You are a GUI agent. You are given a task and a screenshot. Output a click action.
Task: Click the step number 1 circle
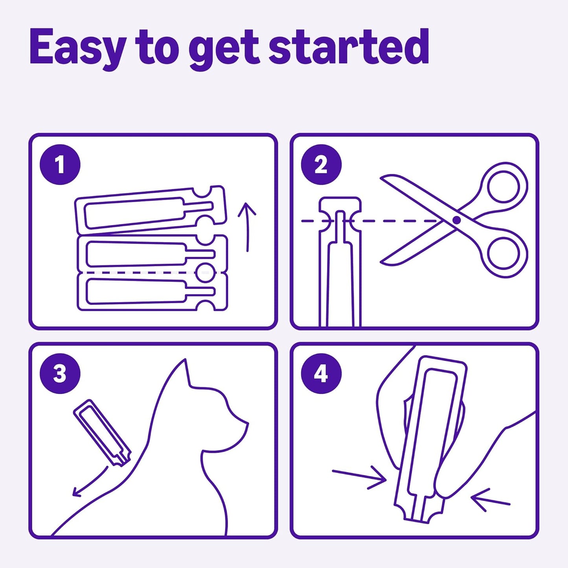(60, 164)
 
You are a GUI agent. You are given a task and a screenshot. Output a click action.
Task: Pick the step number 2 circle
(321, 164)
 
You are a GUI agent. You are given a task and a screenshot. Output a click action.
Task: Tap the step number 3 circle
(60, 373)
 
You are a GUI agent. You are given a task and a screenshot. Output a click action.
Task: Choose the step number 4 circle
(321, 373)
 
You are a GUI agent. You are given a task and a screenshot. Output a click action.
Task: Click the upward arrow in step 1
(247, 226)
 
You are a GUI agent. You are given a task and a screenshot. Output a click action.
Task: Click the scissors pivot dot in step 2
(456, 220)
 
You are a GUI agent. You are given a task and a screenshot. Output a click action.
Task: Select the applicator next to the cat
(102, 432)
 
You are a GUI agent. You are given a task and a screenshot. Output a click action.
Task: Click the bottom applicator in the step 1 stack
(151, 292)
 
